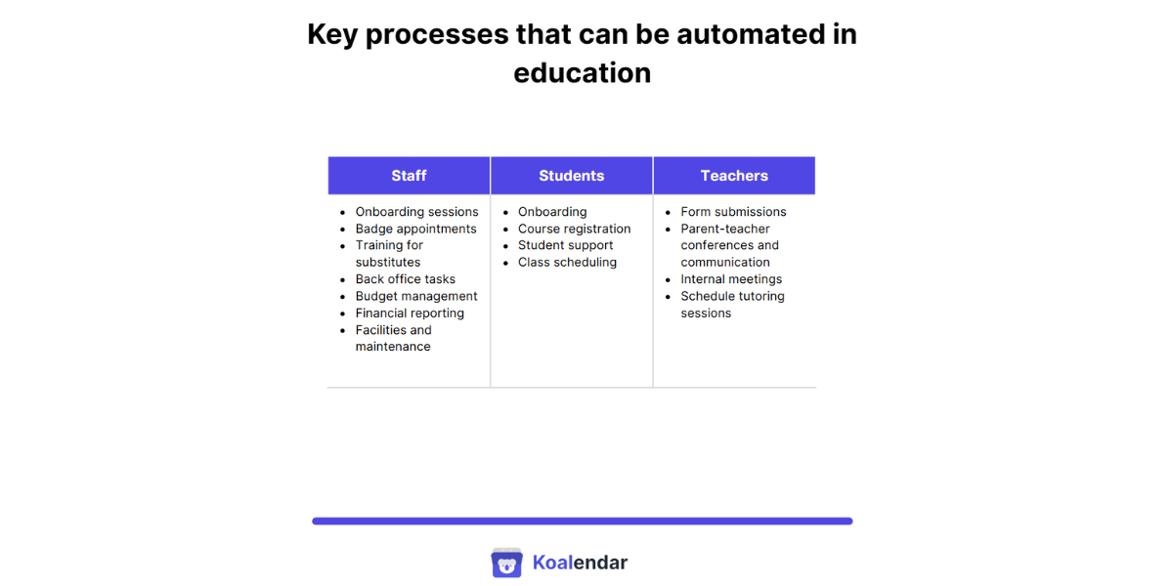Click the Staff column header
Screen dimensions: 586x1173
pyautogui.click(x=409, y=176)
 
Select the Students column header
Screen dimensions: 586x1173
pyautogui.click(x=571, y=176)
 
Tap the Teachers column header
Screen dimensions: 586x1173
pyautogui.click(x=734, y=176)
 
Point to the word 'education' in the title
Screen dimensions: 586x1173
pyautogui.click(x=582, y=73)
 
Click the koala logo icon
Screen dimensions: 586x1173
pyautogui.click(x=506, y=563)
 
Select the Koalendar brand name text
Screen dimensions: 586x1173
pyautogui.click(x=580, y=563)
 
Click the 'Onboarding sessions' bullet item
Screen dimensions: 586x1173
pyautogui.click(x=416, y=212)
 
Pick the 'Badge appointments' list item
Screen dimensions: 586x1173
pyautogui.click(x=415, y=229)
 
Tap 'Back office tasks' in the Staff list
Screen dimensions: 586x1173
pyautogui.click(x=405, y=279)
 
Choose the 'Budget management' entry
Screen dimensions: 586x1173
pyautogui.click(x=416, y=296)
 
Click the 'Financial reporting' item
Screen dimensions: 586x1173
pyautogui.click(x=410, y=314)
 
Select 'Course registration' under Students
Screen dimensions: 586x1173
pyautogui.click(x=574, y=229)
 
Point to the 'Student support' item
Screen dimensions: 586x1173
pyautogui.click(x=565, y=245)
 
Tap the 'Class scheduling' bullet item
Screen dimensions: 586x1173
pyautogui.click(x=567, y=263)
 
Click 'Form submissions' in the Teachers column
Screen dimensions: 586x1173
pyautogui.click(x=733, y=212)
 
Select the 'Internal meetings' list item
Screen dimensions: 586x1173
pyautogui.click(x=731, y=279)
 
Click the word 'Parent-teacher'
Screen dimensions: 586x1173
pyautogui.click(x=725, y=229)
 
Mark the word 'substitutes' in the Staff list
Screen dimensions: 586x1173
pyautogui.click(x=388, y=263)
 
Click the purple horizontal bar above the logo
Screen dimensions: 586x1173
pyautogui.click(x=582, y=522)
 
